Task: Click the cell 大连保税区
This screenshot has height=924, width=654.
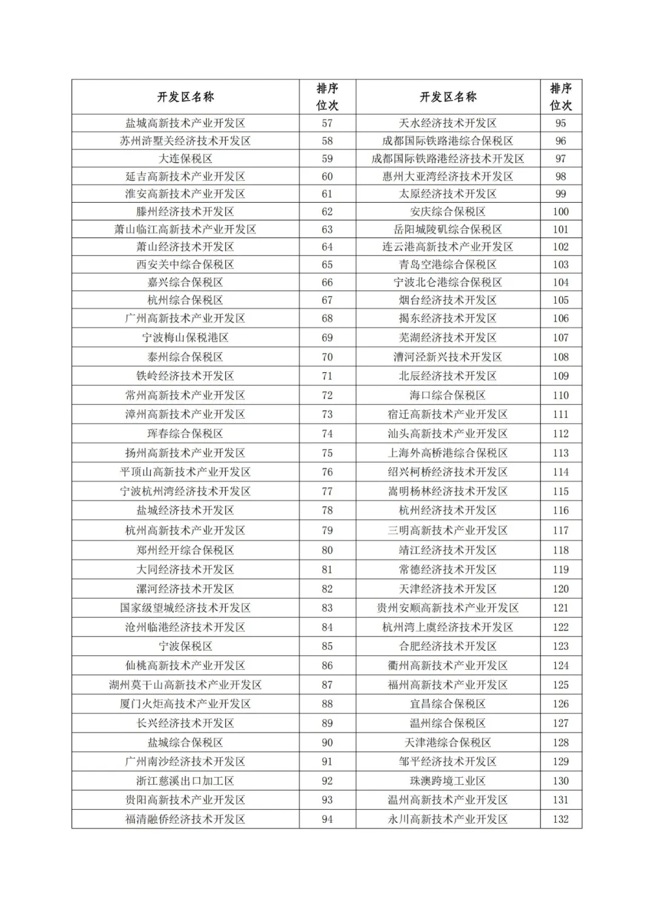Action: (x=185, y=159)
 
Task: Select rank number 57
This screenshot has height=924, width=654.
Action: (x=327, y=123)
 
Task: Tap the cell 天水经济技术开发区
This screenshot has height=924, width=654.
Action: (x=448, y=123)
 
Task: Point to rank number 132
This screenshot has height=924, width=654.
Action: (x=560, y=819)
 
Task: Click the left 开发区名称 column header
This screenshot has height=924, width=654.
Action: (x=185, y=97)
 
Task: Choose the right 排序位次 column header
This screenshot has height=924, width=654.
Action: (x=560, y=97)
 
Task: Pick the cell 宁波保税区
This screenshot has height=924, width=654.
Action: (x=185, y=646)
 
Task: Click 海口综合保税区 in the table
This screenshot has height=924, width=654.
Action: (x=448, y=395)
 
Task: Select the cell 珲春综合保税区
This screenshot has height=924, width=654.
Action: (x=185, y=434)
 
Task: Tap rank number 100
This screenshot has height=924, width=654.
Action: (x=560, y=212)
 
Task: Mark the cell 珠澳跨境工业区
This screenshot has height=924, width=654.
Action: (x=448, y=781)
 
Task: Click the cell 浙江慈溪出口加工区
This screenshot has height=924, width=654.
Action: (x=185, y=781)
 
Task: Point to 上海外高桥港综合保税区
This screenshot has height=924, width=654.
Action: (x=448, y=453)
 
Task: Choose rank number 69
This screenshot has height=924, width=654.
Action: (x=327, y=338)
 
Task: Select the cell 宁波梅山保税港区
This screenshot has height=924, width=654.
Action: (x=185, y=338)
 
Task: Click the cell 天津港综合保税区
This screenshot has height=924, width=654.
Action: (x=448, y=742)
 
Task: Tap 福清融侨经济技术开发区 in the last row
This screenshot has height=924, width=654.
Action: (x=185, y=819)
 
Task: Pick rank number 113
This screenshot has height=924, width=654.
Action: (x=560, y=453)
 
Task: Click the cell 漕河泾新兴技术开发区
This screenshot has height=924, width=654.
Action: (x=448, y=357)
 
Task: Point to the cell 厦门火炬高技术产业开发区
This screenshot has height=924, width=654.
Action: (x=185, y=704)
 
